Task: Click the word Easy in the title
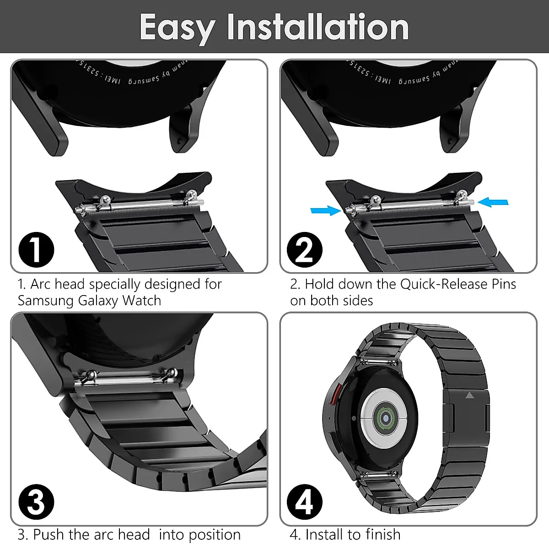point(177,27)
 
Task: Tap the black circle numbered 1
point(36,250)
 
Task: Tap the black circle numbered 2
point(305,250)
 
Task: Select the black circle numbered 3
point(36,502)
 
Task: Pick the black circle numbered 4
point(305,502)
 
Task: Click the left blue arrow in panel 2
point(325,210)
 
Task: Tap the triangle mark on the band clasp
point(469,395)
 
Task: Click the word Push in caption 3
point(49,534)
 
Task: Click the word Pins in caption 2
point(504,284)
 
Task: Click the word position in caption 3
point(215,535)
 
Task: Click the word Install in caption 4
point(325,534)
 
